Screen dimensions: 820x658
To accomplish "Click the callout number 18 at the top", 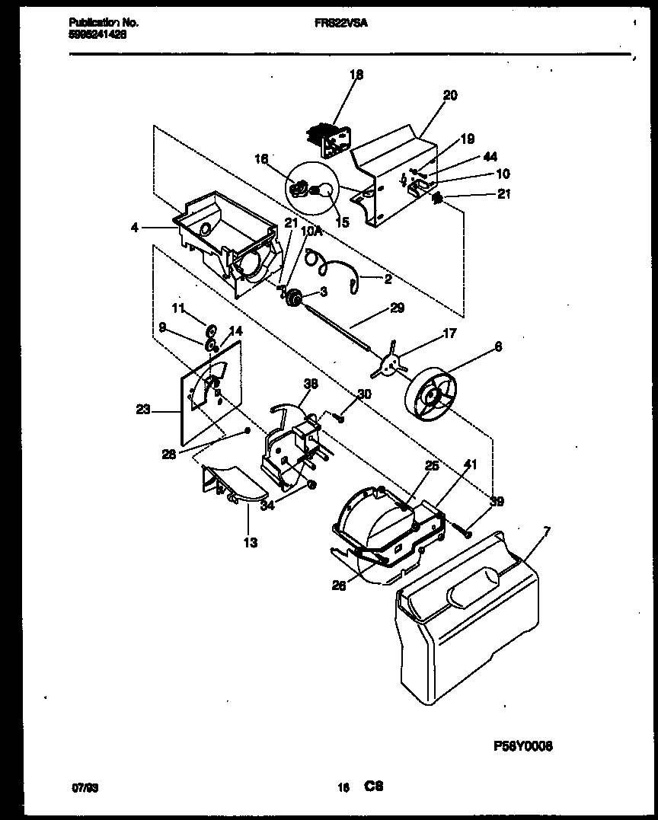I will [356, 75].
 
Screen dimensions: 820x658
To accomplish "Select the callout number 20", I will [449, 95].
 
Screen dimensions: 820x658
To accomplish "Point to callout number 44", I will [490, 157].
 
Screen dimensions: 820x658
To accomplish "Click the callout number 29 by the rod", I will [396, 308].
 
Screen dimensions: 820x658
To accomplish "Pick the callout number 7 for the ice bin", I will [546, 531].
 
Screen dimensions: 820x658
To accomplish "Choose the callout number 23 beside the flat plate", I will [142, 409].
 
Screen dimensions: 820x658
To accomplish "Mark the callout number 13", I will [250, 543].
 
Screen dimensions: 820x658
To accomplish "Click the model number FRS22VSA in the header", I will [340, 24].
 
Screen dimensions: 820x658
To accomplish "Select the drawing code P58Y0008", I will [523, 746].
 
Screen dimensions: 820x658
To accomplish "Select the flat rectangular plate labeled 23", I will [209, 392].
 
